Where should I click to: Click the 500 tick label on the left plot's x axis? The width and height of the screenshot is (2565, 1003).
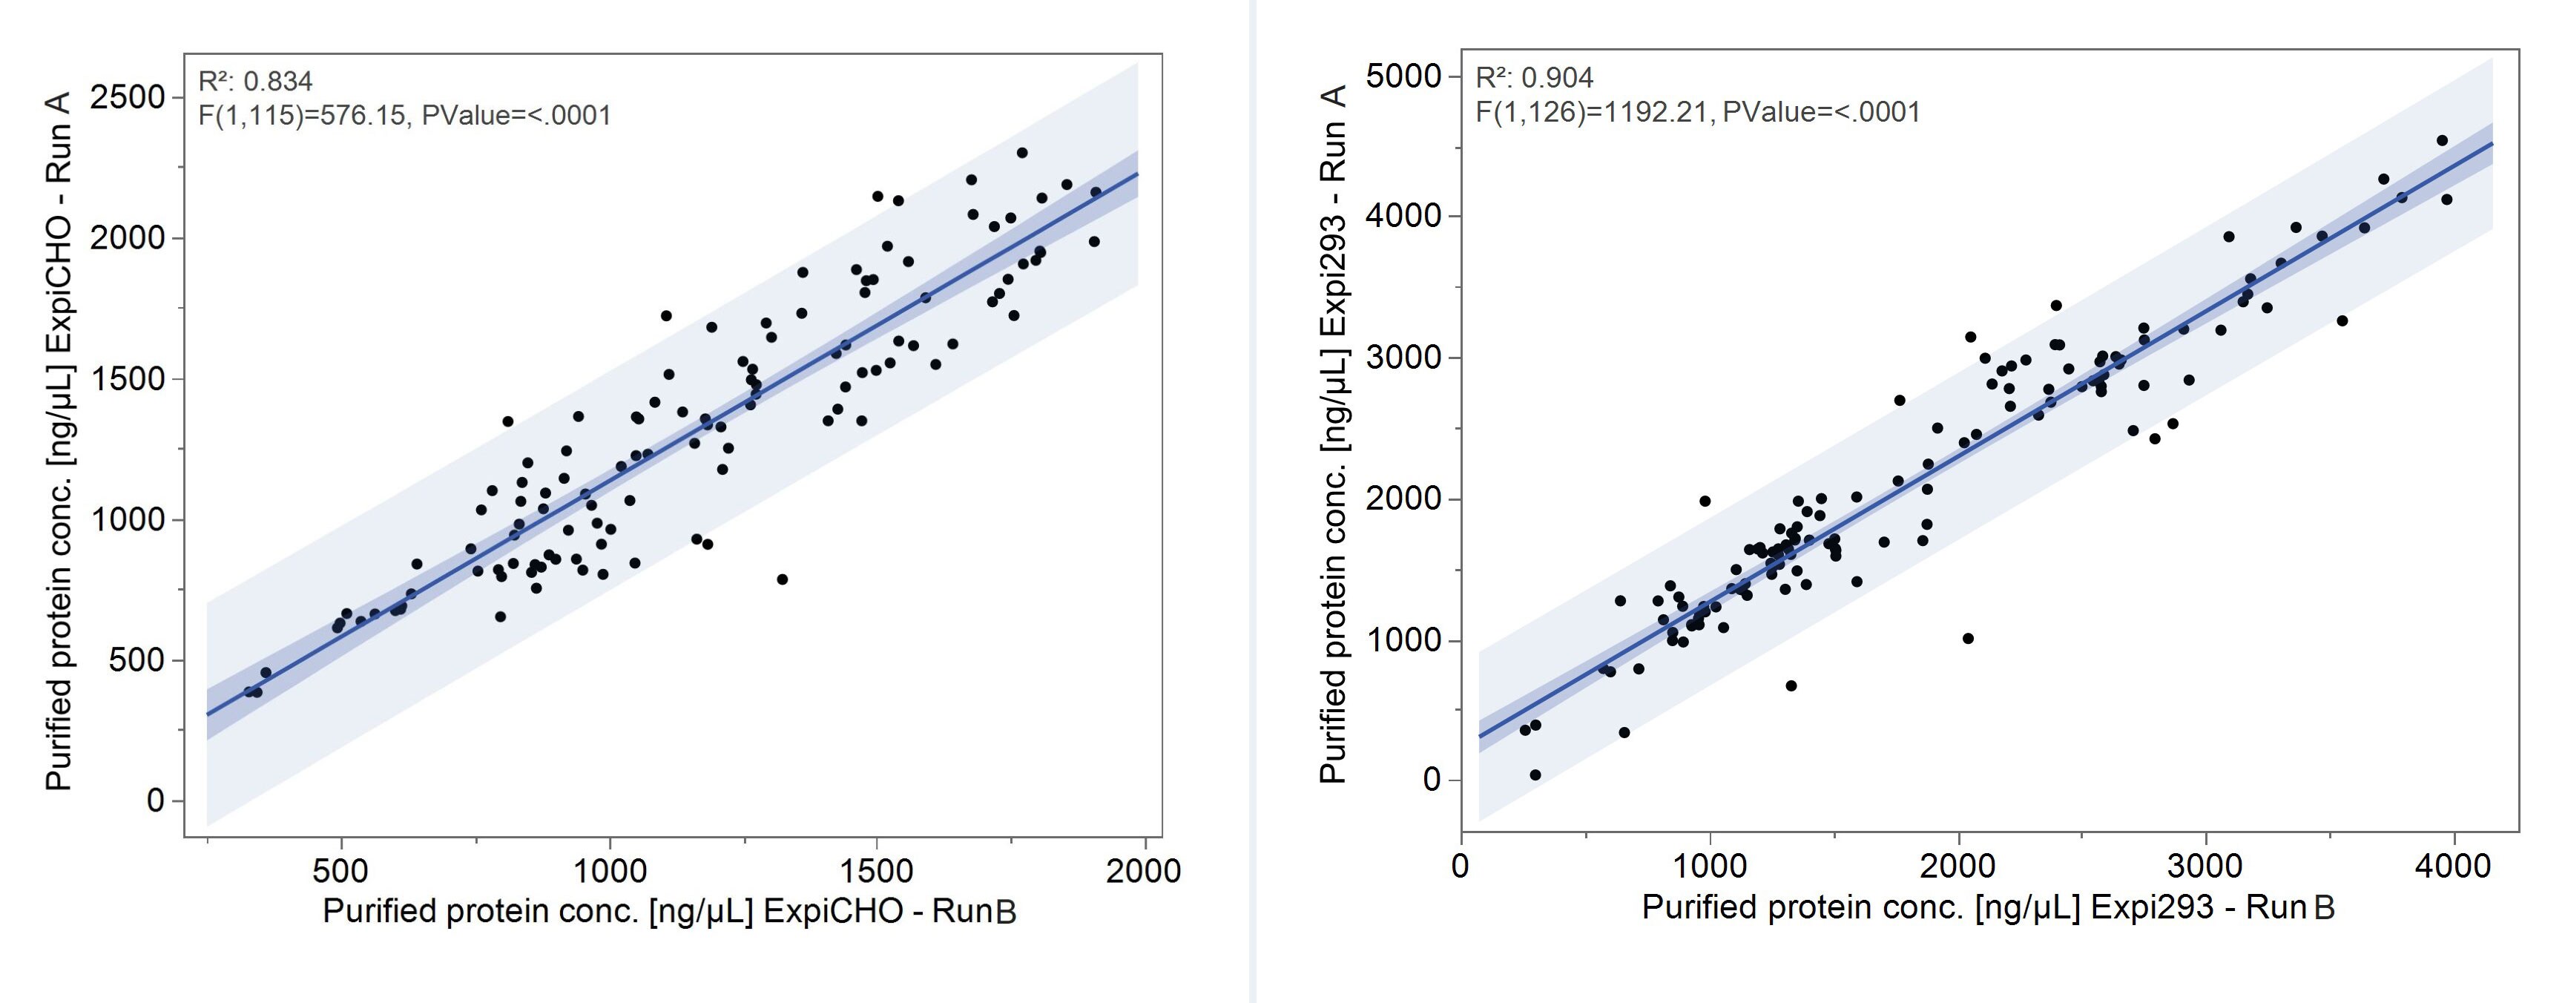pyautogui.click(x=340, y=870)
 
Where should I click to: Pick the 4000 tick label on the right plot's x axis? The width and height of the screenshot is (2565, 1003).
pyautogui.click(x=2452, y=866)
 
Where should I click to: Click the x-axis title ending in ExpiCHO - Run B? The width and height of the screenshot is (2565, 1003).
pyautogui.click(x=669, y=910)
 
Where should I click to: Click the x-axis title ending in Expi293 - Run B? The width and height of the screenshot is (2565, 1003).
pyautogui.click(x=1987, y=907)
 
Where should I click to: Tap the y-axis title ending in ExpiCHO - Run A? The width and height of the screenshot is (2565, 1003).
pyautogui.click(x=60, y=441)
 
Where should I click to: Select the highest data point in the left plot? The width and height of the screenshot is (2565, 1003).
pyautogui.click(x=1021, y=152)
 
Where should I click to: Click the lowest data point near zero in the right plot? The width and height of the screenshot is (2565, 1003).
pyautogui.click(x=1535, y=775)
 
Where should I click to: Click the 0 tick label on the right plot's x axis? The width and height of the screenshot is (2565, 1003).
pyautogui.click(x=1461, y=866)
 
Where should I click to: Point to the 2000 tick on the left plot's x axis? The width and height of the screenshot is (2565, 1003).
pyautogui.click(x=1143, y=870)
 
